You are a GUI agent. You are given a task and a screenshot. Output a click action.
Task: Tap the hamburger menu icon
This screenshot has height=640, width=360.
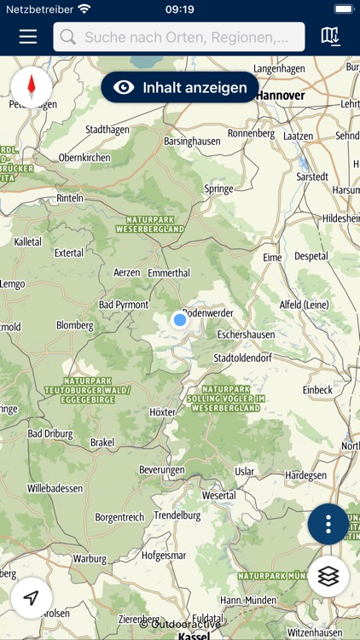click(x=28, y=37)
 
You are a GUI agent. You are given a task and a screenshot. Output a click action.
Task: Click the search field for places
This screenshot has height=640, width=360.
click(x=179, y=37)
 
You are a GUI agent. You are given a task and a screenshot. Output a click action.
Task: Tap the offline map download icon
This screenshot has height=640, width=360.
click(x=330, y=37)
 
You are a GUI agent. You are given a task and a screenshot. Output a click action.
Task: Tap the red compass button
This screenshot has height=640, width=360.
click(x=32, y=86)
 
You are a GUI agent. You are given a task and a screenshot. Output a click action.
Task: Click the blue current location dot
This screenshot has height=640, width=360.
click(x=179, y=320)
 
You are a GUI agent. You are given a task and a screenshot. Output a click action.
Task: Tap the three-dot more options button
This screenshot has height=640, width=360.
click(x=328, y=524)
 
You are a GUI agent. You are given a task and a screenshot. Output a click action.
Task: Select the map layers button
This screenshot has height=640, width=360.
click(x=328, y=576)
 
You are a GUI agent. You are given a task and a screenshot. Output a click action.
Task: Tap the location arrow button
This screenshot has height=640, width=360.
click(x=32, y=597)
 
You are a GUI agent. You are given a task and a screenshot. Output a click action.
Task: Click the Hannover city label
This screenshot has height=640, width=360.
click(x=280, y=96)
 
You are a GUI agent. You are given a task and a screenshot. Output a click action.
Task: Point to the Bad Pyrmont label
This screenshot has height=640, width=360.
click(x=124, y=305)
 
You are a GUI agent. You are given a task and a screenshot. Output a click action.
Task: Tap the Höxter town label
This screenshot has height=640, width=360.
click(x=162, y=412)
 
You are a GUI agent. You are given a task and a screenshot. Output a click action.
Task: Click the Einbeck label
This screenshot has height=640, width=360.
click(x=317, y=390)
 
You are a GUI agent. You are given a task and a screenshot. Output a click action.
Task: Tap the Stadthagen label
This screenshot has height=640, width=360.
click(x=107, y=130)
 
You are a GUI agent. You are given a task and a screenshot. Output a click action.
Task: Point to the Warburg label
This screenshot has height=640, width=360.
click(x=90, y=560)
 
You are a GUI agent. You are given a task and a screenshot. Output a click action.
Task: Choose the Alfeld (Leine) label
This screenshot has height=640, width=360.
click(x=304, y=305)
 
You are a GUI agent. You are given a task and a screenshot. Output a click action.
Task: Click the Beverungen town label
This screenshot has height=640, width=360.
click(x=162, y=470)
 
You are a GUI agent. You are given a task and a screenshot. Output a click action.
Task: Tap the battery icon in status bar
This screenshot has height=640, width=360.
click(x=343, y=9)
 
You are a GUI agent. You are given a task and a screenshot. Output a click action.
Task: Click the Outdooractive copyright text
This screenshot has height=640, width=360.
click(x=181, y=624)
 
